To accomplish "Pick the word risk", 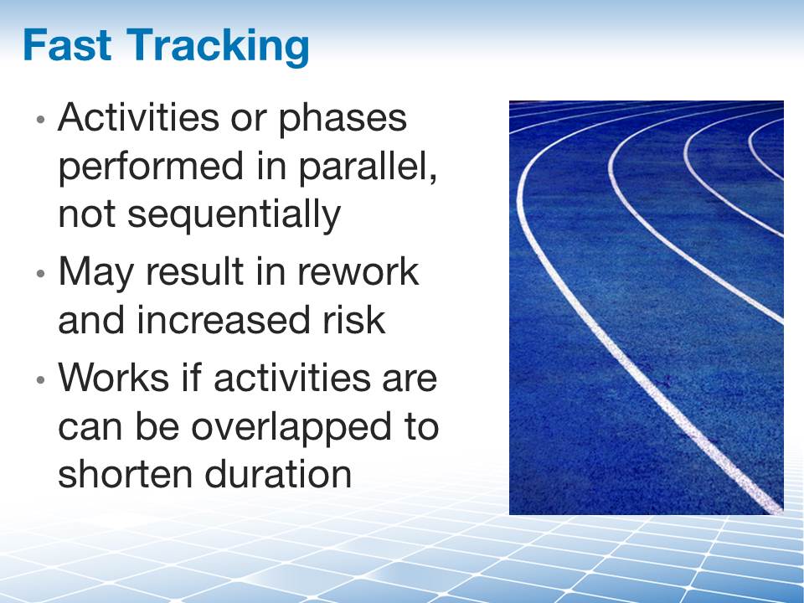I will tap(353, 321).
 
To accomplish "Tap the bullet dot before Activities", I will tap(42, 121).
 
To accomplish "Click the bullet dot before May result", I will tap(42, 275).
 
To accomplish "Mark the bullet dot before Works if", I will tap(42, 380).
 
